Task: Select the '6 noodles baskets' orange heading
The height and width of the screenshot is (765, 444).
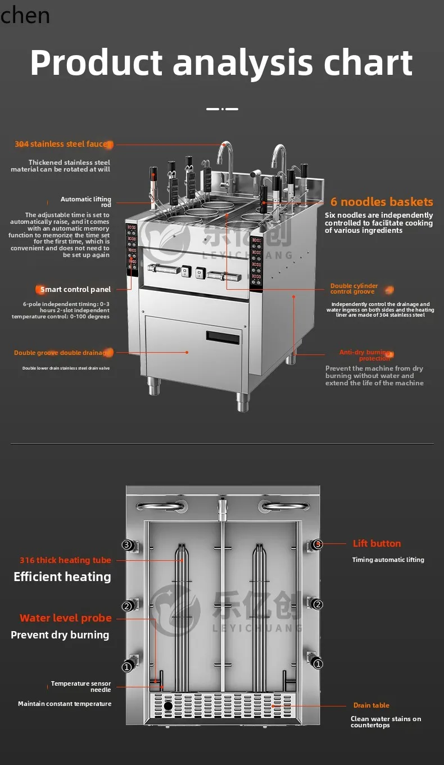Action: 382,202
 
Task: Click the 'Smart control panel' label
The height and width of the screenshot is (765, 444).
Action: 75,290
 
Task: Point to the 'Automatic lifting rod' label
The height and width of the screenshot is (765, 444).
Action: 86,202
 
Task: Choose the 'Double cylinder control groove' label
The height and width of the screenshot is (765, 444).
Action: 354,289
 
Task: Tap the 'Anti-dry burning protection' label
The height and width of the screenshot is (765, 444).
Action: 364,355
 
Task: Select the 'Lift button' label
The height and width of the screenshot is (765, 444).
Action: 377,543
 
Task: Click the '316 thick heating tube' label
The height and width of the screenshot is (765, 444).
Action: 65,560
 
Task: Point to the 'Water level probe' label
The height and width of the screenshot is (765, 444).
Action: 66,618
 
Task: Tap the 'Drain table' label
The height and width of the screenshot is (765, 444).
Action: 371,705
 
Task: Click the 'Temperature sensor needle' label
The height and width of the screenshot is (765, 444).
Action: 81,686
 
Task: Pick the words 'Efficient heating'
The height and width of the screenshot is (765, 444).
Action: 62,577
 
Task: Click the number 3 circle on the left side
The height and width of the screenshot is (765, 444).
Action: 127,544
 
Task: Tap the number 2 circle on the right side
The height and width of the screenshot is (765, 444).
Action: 318,605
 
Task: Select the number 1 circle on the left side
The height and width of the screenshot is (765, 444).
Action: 127,667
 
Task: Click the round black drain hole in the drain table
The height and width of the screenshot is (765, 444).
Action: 168,705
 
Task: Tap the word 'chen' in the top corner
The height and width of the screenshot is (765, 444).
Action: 25,15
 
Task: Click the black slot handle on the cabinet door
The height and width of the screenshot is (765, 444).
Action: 223,338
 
